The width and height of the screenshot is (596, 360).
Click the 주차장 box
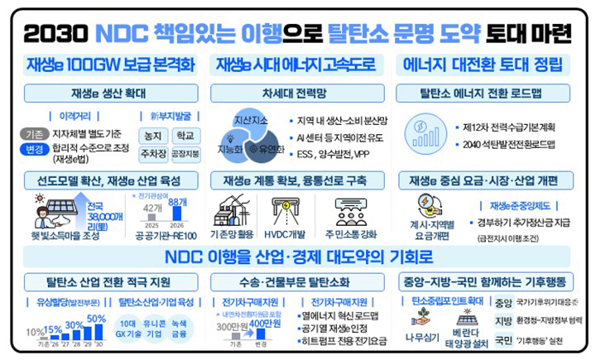coord(153,153)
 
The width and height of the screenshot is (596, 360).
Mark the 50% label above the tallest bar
coord(96,319)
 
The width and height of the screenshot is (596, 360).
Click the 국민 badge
coord(503,339)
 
